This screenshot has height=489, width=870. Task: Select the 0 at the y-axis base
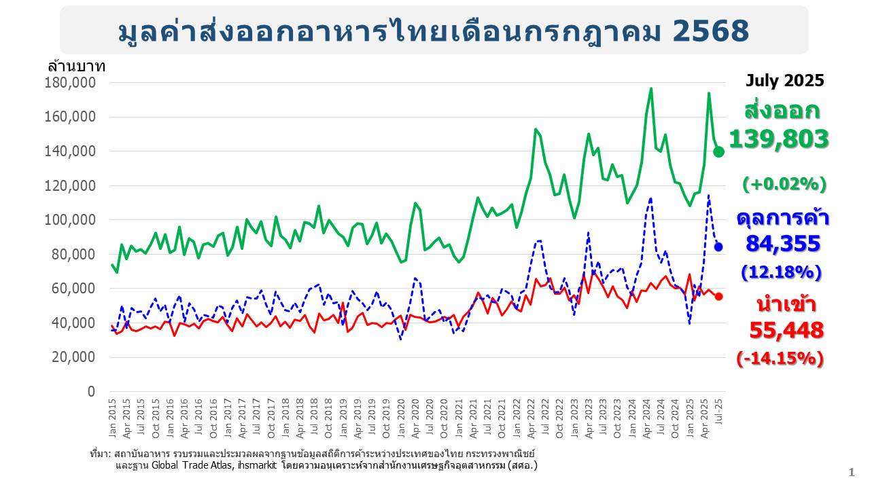click(92, 392)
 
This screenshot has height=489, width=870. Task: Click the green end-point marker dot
click(718, 151)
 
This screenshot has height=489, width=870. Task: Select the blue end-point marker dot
click(718, 247)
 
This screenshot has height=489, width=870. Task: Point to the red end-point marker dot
click(718, 296)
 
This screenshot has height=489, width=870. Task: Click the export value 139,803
click(779, 139)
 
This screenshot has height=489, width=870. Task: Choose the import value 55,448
click(786, 330)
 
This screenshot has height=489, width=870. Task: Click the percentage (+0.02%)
click(784, 184)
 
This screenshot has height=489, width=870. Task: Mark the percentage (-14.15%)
click(780, 358)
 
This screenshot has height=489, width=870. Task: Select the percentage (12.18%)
click(781, 272)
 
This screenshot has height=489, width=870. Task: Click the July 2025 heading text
click(784, 81)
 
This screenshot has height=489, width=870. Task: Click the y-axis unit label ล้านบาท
click(76, 67)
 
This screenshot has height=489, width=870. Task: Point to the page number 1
click(851, 473)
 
